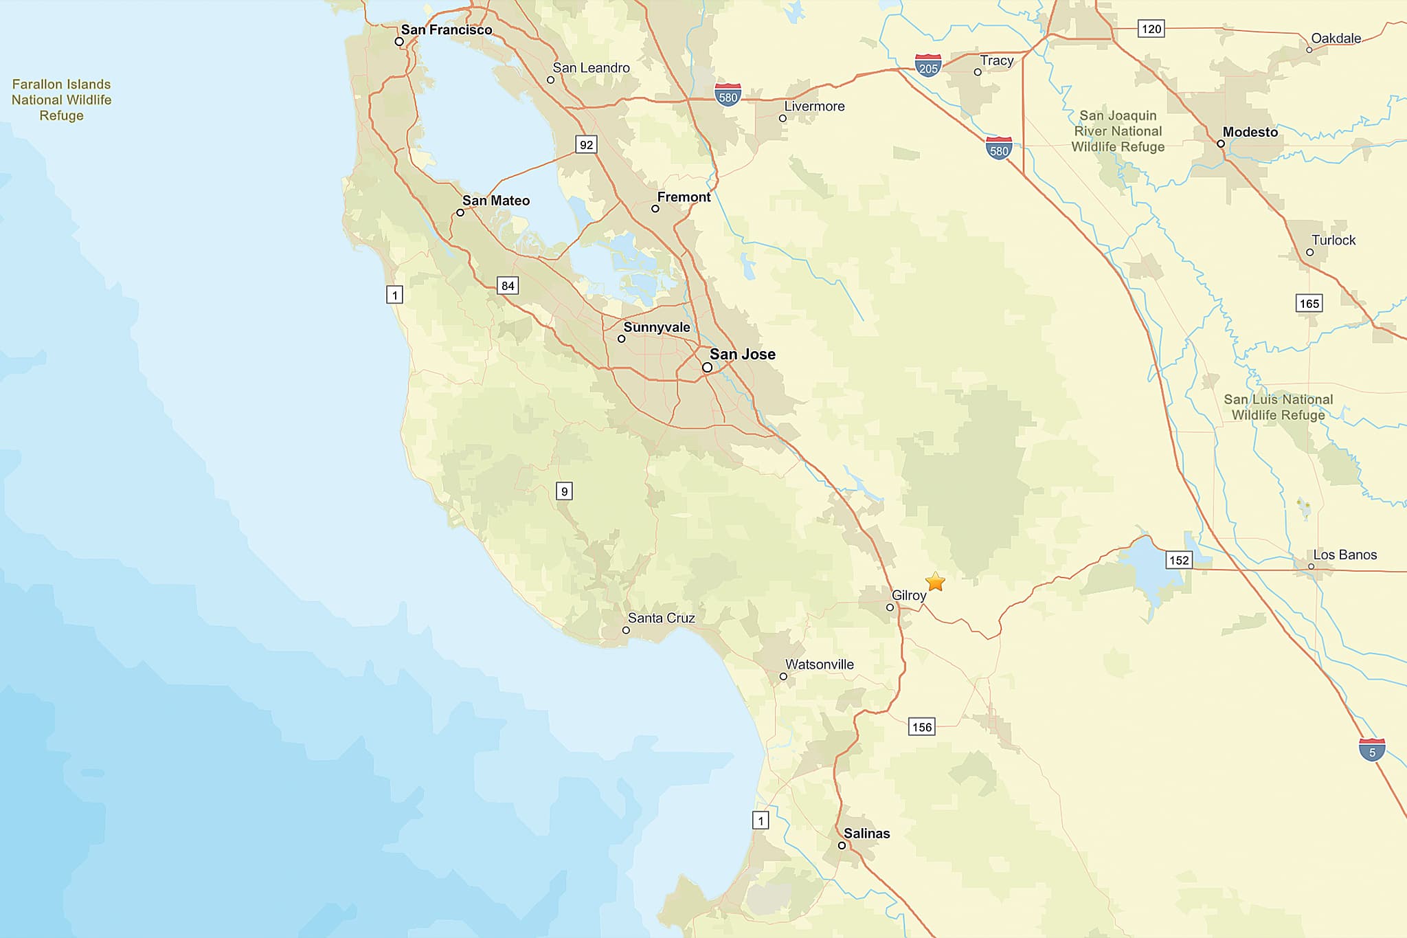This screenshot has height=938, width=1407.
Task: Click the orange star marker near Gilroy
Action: point(935,582)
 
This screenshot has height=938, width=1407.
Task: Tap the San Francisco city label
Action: point(447,30)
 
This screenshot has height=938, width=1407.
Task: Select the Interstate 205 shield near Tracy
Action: point(927,65)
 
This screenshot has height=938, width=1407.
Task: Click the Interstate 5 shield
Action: point(1372,749)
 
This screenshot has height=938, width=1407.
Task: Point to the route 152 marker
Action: point(1179,560)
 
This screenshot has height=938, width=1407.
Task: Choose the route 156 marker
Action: point(922,727)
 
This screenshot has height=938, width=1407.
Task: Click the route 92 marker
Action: point(586,144)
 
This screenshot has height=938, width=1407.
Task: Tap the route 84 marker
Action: point(508,286)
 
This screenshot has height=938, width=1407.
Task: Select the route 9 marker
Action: point(564,491)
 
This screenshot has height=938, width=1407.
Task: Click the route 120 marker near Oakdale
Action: point(1151,29)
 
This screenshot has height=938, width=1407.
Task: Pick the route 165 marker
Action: point(1309,304)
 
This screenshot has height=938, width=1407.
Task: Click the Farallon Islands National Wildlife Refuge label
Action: point(61,100)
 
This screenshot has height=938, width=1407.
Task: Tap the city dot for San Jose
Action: point(707,368)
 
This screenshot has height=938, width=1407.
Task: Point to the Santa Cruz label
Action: point(661,618)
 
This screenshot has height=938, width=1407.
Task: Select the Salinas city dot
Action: point(842,845)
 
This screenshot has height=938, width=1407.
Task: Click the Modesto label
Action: point(1250,132)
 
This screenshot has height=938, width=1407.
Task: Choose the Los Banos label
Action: point(1344,555)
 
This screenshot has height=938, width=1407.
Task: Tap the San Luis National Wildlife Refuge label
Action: point(1278,407)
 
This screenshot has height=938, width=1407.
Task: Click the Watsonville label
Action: point(820,665)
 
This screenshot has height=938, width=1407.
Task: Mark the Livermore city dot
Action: point(783,118)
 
